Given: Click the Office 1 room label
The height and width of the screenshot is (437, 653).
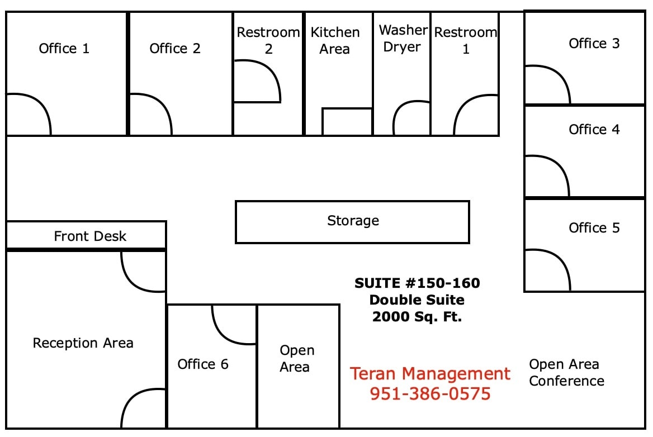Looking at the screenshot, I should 64,49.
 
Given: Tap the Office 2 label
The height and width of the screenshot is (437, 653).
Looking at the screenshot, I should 174,49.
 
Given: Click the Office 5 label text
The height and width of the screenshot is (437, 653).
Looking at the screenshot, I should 594,228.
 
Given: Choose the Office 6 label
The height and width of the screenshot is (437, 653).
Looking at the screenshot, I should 203,364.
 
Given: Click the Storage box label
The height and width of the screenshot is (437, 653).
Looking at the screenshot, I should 353,221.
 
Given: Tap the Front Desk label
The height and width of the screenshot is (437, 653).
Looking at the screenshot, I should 90,236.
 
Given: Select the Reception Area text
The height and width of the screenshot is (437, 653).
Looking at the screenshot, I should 83,343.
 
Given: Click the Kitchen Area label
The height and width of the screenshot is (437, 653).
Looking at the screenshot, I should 335,40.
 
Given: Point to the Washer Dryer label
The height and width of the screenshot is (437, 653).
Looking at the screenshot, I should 403,39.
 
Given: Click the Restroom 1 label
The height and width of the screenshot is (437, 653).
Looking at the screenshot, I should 465,41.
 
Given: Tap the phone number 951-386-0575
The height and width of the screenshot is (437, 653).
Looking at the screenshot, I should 430,393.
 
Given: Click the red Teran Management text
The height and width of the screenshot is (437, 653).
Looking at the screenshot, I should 430,374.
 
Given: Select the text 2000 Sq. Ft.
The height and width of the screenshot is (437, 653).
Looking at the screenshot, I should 417,317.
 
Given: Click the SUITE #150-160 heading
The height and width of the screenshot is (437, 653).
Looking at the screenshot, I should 417,283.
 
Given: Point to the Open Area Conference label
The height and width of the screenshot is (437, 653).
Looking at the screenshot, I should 566,373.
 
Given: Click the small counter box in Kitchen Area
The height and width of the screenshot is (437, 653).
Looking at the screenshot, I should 347,122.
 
